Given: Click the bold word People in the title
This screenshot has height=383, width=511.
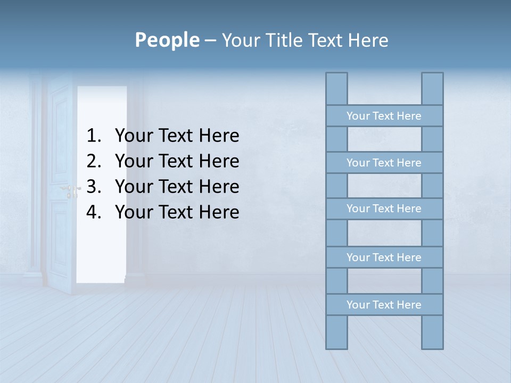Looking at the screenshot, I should pyautogui.click(x=167, y=40).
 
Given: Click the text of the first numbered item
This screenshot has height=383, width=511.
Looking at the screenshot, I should pyautogui.click(x=177, y=136).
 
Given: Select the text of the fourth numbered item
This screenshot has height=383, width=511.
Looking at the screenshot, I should pyautogui.click(x=177, y=212).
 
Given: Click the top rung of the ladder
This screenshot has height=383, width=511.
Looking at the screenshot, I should pyautogui.click(x=384, y=116).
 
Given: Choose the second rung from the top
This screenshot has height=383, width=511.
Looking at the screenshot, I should pyautogui.click(x=384, y=163).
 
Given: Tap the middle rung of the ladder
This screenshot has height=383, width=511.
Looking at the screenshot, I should pyautogui.click(x=384, y=209).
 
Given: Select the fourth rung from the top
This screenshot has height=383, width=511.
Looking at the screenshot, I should pyautogui.click(x=384, y=257).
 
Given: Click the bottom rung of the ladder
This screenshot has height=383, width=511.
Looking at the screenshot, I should pyautogui.click(x=384, y=305).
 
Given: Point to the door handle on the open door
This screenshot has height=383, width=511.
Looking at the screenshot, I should pyautogui.click(x=71, y=189).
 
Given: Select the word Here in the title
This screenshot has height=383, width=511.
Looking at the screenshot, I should pyautogui.click(x=368, y=40).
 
